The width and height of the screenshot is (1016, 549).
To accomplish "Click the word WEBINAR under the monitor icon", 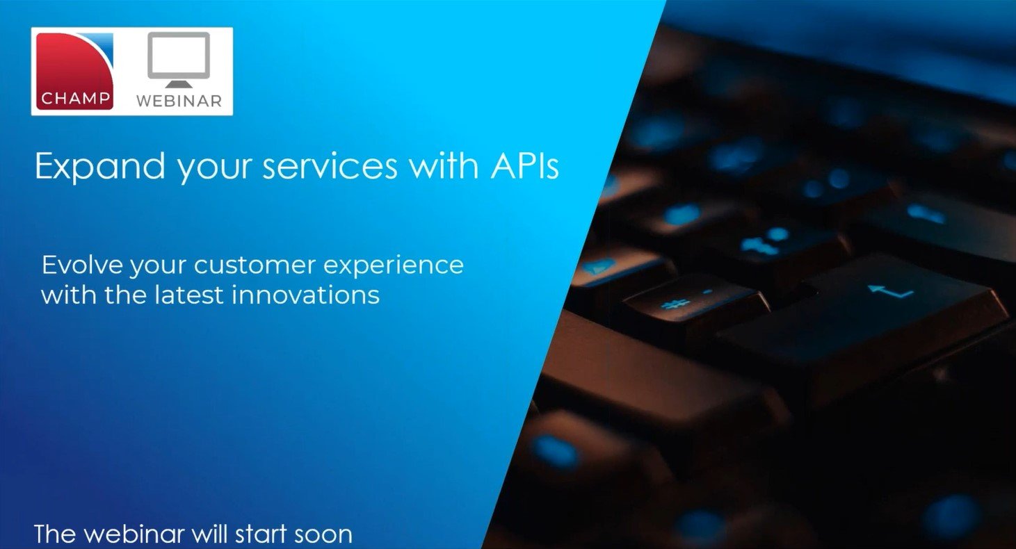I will pos(179,101).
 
